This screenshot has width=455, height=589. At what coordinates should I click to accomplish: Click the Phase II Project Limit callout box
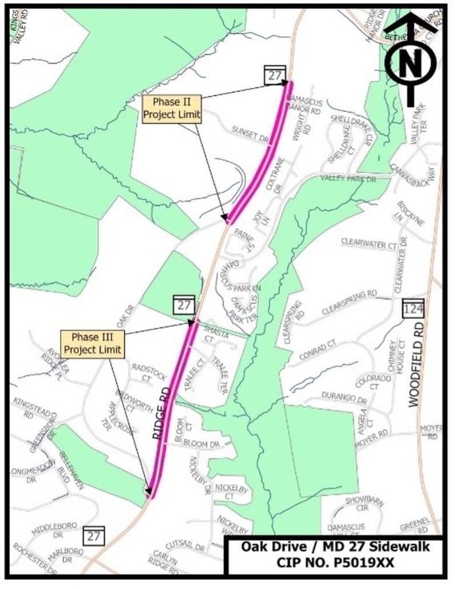[172, 108]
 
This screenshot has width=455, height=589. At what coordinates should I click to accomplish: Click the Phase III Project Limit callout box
[92, 344]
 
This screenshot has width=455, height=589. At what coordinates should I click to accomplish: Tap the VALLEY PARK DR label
[348, 179]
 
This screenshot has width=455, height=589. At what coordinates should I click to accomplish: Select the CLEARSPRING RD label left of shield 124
[349, 302]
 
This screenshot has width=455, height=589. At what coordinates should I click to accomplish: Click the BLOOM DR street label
[205, 444]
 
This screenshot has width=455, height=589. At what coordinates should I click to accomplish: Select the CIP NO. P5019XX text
[335, 562]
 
